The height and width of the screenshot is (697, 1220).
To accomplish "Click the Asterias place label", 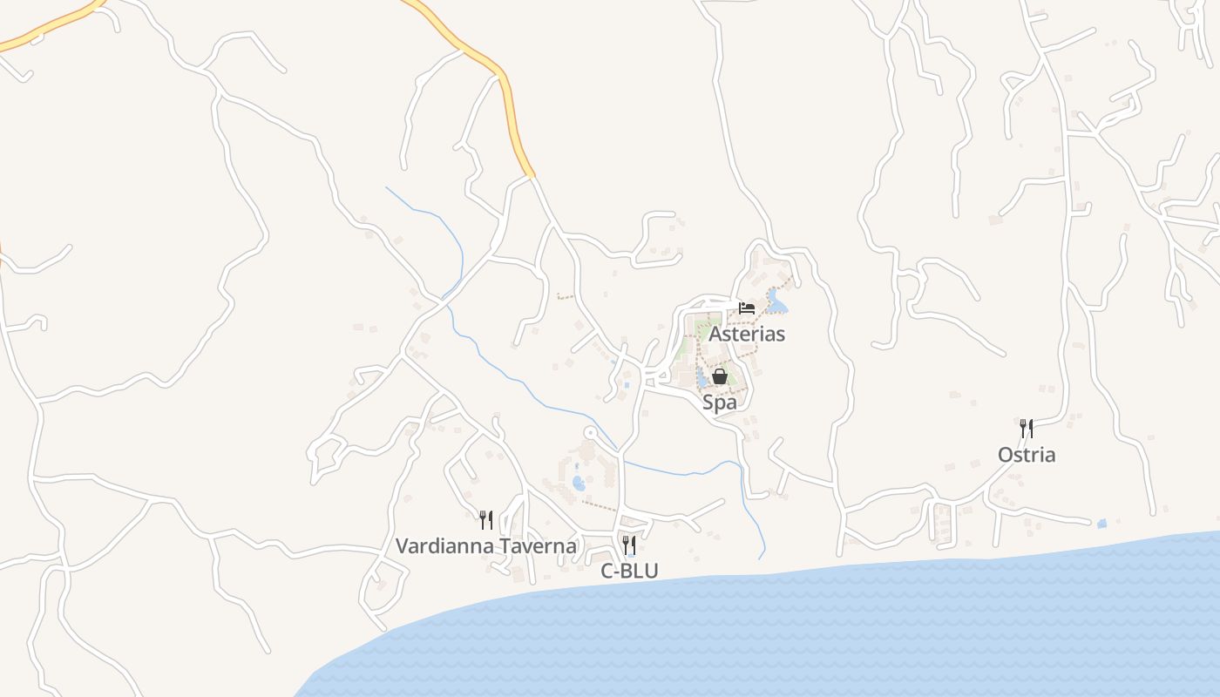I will click(x=747, y=334).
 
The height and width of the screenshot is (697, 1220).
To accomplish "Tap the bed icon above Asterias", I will click(x=747, y=308).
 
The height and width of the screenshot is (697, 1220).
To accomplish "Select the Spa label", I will click(x=720, y=403).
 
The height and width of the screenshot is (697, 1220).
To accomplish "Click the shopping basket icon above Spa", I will click(x=720, y=376).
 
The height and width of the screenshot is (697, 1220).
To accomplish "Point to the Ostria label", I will click(x=1027, y=455).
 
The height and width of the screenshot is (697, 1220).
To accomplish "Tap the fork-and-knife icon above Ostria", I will click(x=1027, y=429).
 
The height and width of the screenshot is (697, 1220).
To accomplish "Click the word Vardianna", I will click(x=439, y=546).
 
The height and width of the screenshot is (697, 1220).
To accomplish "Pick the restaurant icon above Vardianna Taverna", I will click(x=486, y=520).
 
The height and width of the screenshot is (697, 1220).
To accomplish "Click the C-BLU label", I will click(x=629, y=572).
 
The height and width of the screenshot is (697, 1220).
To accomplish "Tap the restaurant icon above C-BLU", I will click(x=629, y=545).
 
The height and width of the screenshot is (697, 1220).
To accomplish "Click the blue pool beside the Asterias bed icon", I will click(x=776, y=304).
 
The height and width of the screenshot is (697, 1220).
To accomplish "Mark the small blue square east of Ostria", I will click(x=1101, y=524).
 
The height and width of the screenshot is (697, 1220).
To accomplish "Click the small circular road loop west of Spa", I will click(x=590, y=432).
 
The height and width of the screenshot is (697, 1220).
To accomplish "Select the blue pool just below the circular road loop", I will click(x=579, y=482).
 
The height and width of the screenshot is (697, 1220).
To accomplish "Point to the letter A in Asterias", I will click(x=715, y=334).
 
